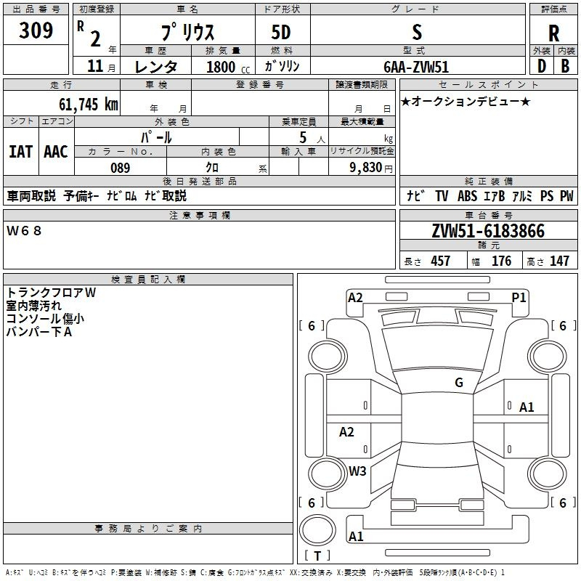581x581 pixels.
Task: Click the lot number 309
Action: (36, 31)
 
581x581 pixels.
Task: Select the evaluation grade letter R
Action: (553, 33)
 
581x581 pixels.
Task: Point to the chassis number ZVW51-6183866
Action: (487, 232)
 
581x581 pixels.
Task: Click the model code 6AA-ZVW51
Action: (417, 66)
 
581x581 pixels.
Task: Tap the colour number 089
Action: (120, 168)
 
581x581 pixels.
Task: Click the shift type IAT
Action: (20, 152)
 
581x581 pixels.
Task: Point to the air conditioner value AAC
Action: (56, 152)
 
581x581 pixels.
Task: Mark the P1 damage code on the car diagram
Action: (519, 297)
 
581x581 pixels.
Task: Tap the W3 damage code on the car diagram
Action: (357, 471)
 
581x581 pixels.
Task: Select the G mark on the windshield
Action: (459, 383)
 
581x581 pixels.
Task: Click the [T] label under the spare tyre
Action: (317, 556)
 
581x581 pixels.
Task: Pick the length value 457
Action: (441, 261)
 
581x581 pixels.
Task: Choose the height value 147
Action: (559, 261)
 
